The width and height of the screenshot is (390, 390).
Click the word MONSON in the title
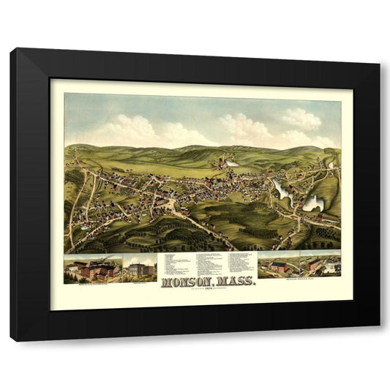pos(184,280)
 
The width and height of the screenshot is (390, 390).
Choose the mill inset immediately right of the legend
pos(278,264)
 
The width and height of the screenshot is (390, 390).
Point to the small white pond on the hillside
pos(232,163)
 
